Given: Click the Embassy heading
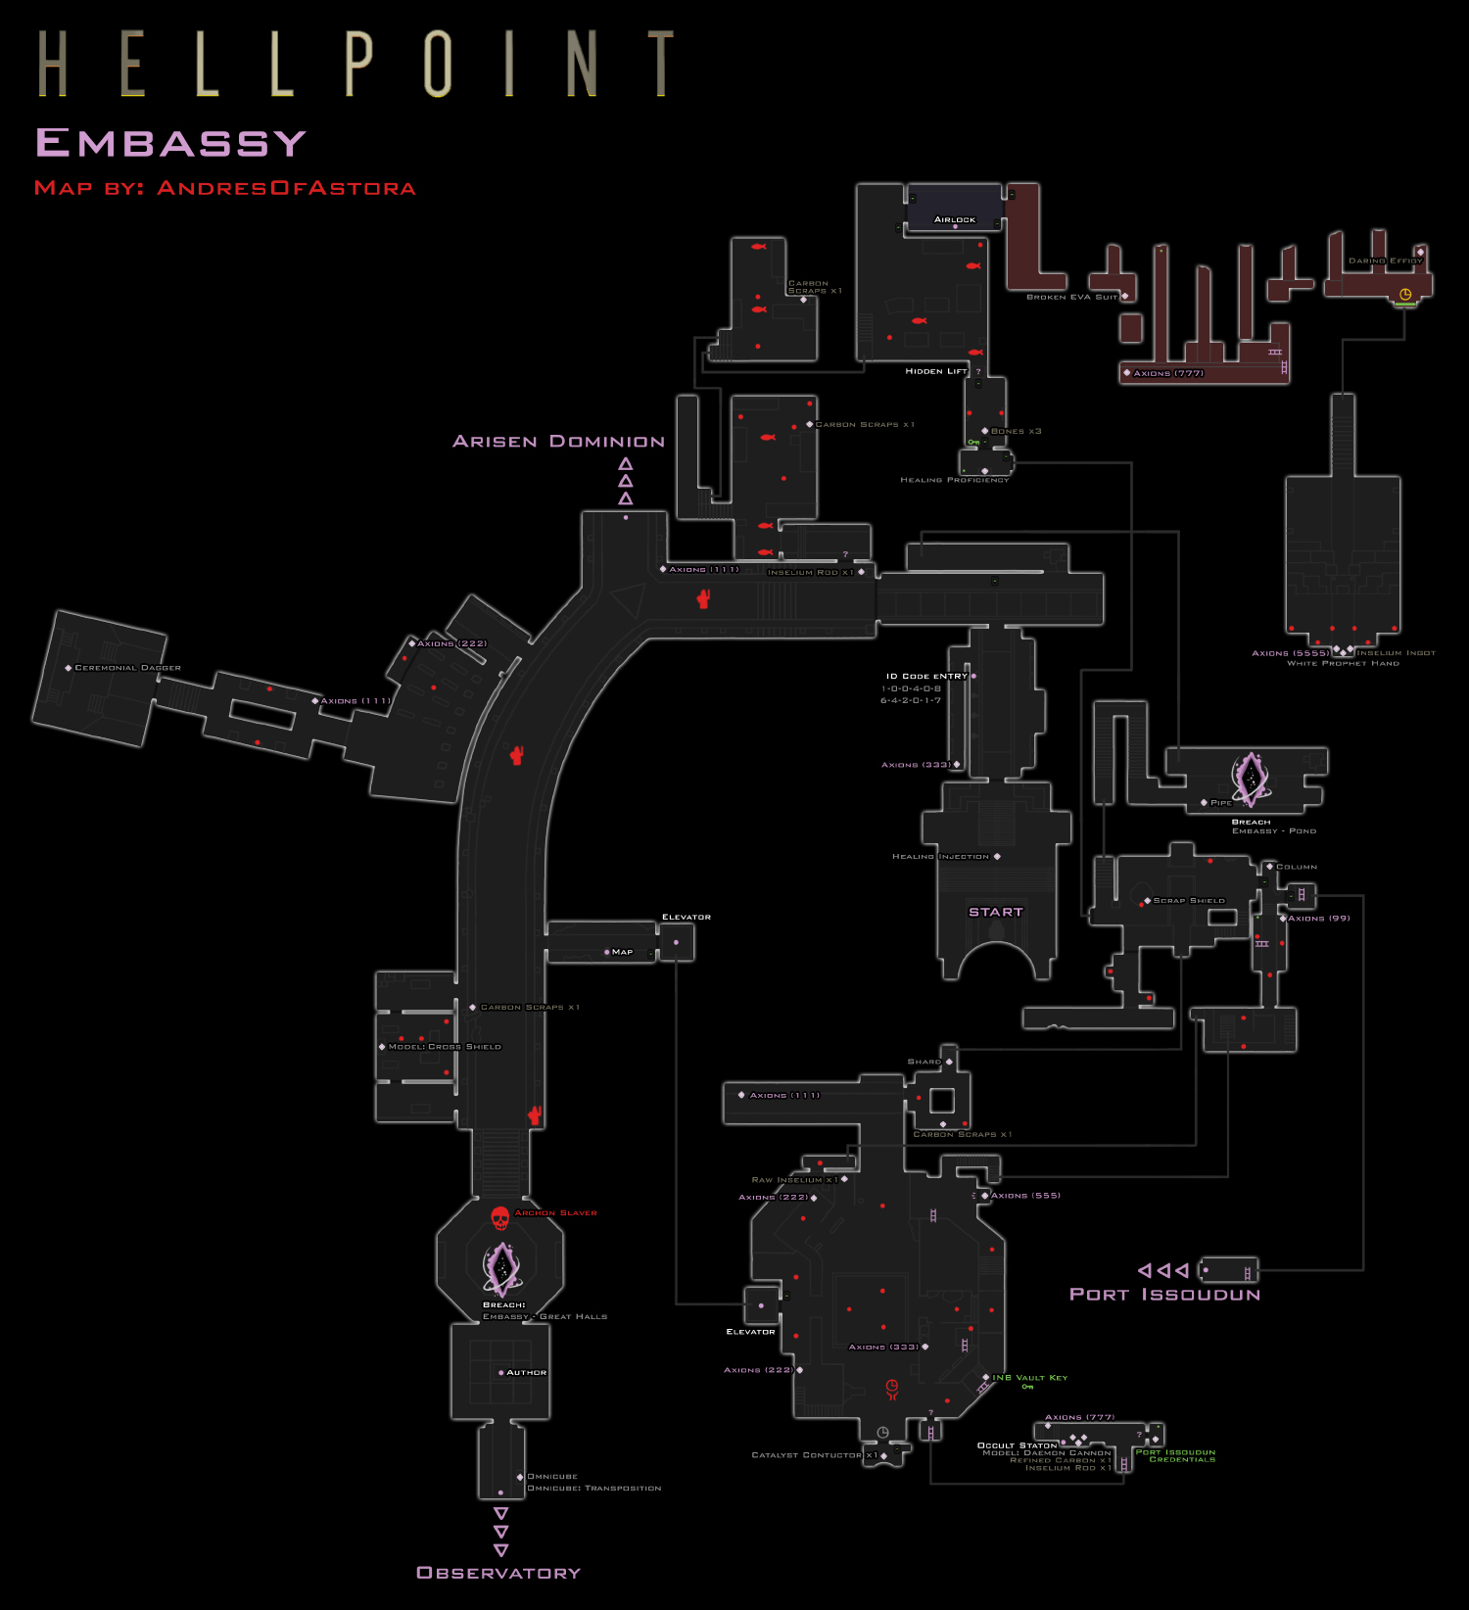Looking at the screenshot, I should (171, 144).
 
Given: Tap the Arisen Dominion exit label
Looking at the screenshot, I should (558, 442).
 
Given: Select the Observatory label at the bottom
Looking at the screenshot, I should (498, 1573).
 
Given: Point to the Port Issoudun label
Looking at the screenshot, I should (1164, 1295).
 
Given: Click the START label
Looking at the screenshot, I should (996, 912).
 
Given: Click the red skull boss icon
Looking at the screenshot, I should (499, 1218).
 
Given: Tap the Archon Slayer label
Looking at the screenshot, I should (555, 1213).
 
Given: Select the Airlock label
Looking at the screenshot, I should (955, 219).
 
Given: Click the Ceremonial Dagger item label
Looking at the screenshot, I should (127, 668).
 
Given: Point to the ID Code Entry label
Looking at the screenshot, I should (926, 676).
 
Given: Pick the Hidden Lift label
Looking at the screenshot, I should (935, 371).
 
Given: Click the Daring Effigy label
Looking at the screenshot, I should (1385, 260).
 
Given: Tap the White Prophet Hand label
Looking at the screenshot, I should (1343, 663).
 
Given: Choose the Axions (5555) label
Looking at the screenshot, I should (1291, 653).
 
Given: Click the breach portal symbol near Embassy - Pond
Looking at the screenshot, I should (1250, 778).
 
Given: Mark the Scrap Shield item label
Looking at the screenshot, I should (1189, 900).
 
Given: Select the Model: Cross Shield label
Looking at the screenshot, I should (445, 1047).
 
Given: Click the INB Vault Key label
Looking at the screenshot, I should (1030, 1378).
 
